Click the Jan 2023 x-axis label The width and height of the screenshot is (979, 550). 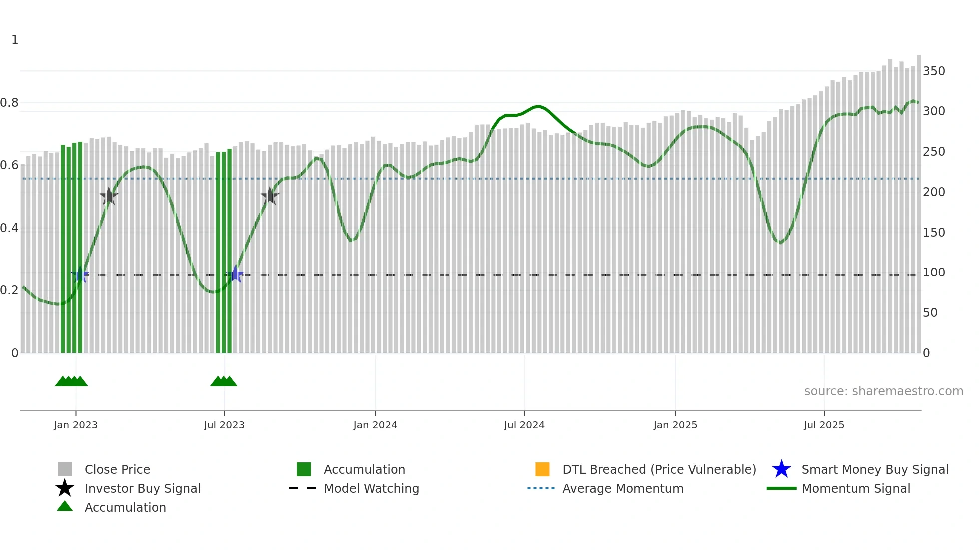click(76, 425)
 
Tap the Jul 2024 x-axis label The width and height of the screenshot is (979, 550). click(524, 425)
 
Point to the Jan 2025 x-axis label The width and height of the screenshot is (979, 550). click(675, 425)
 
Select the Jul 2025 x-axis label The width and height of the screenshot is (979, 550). click(824, 425)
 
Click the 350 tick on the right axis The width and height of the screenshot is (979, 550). click(934, 71)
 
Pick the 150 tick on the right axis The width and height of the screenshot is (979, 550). click(934, 233)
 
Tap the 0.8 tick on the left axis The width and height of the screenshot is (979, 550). click(9, 103)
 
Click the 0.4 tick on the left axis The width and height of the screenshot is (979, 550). click(9, 228)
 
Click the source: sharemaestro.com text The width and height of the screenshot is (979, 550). click(883, 391)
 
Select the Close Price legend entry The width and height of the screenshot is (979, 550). click(117, 470)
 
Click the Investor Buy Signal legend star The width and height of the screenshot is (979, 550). click(65, 488)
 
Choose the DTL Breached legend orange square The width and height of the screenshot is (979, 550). click(542, 469)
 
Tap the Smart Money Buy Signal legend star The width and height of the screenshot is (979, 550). click(781, 469)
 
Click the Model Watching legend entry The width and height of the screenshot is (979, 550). click(371, 489)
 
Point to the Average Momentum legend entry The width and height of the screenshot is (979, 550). click(623, 489)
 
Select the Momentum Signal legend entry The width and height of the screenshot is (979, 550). click(856, 489)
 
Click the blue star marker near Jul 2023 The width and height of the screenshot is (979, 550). click(235, 275)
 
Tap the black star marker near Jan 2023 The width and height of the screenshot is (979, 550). click(109, 196)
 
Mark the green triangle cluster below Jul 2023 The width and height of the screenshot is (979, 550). click(224, 381)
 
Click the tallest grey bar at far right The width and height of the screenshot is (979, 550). click(918, 205)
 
